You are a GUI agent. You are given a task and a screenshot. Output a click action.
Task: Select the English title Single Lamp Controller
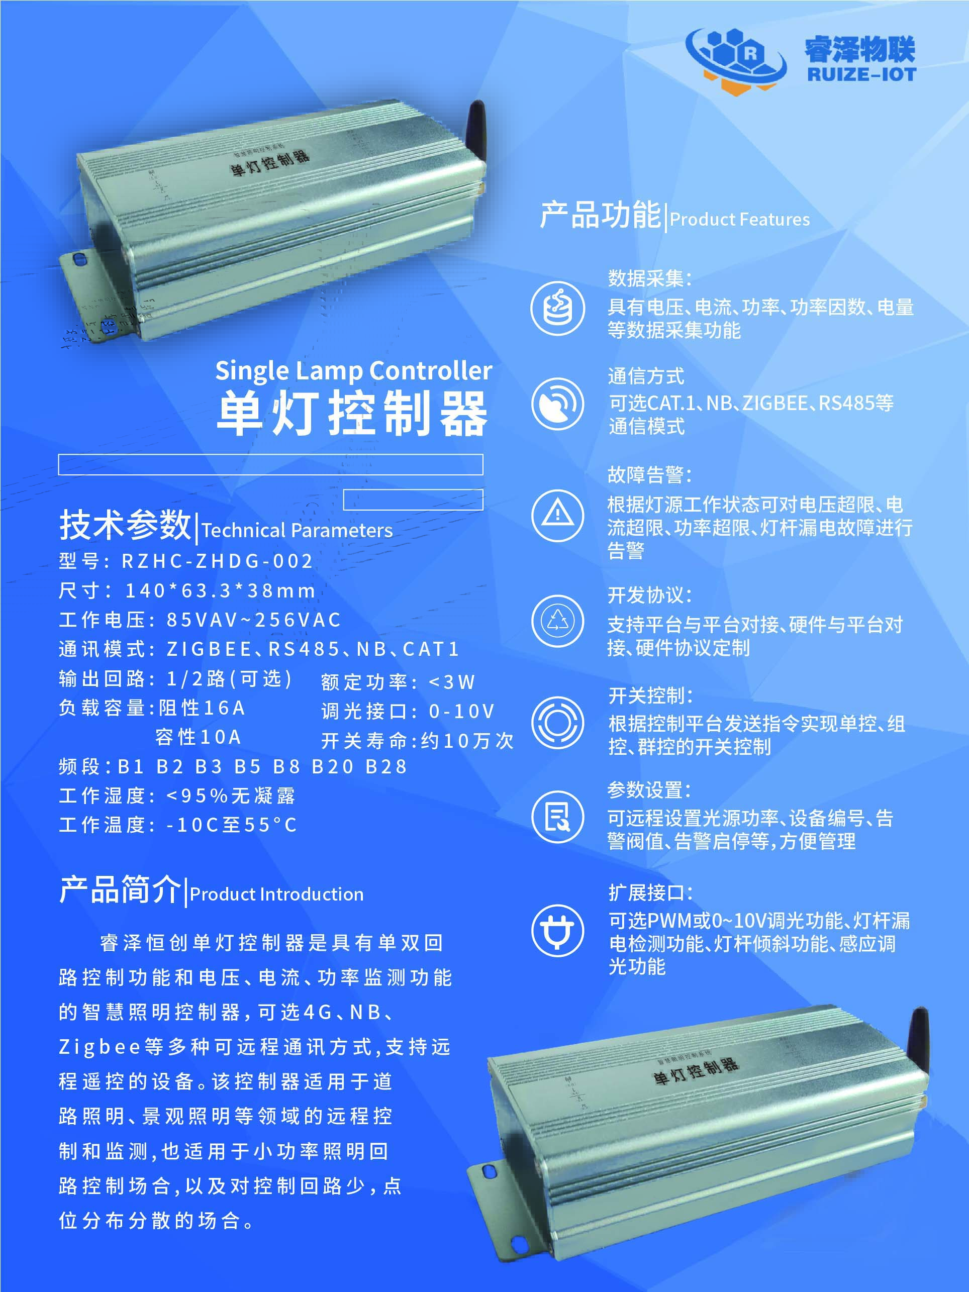point(354,370)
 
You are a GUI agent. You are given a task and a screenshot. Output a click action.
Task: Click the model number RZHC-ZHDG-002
point(217,561)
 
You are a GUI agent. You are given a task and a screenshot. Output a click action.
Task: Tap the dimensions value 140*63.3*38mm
point(220,590)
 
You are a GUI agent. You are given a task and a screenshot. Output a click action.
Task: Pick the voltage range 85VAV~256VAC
point(253,620)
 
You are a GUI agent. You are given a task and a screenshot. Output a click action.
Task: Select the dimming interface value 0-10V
point(461,711)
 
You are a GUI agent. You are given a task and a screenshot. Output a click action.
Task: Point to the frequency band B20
point(333,766)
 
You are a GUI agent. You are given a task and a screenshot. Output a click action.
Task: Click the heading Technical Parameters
point(297,530)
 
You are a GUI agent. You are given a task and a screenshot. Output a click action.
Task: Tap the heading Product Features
point(739,220)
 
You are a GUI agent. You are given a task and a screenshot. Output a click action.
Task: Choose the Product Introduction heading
point(276,894)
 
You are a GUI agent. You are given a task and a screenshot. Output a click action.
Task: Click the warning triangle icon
point(558,515)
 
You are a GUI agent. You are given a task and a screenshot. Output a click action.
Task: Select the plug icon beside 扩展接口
point(558,931)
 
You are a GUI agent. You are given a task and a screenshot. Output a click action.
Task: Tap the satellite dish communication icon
point(558,404)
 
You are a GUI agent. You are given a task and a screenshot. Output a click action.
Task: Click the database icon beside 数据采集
point(558,309)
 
